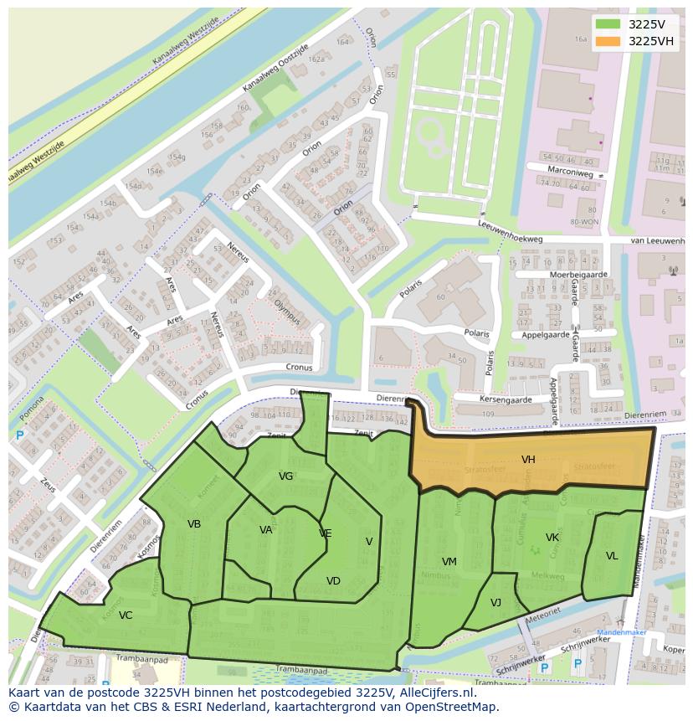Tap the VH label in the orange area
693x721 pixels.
528,460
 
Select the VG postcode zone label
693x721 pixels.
285,476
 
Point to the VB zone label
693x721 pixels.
194,524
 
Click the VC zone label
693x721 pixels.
126,615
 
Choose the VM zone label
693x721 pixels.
449,562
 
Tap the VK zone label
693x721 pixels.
552,538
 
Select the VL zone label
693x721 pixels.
612,556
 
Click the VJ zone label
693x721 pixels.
495,603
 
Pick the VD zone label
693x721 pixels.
333,581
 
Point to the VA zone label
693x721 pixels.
266,530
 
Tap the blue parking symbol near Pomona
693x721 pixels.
19,435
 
